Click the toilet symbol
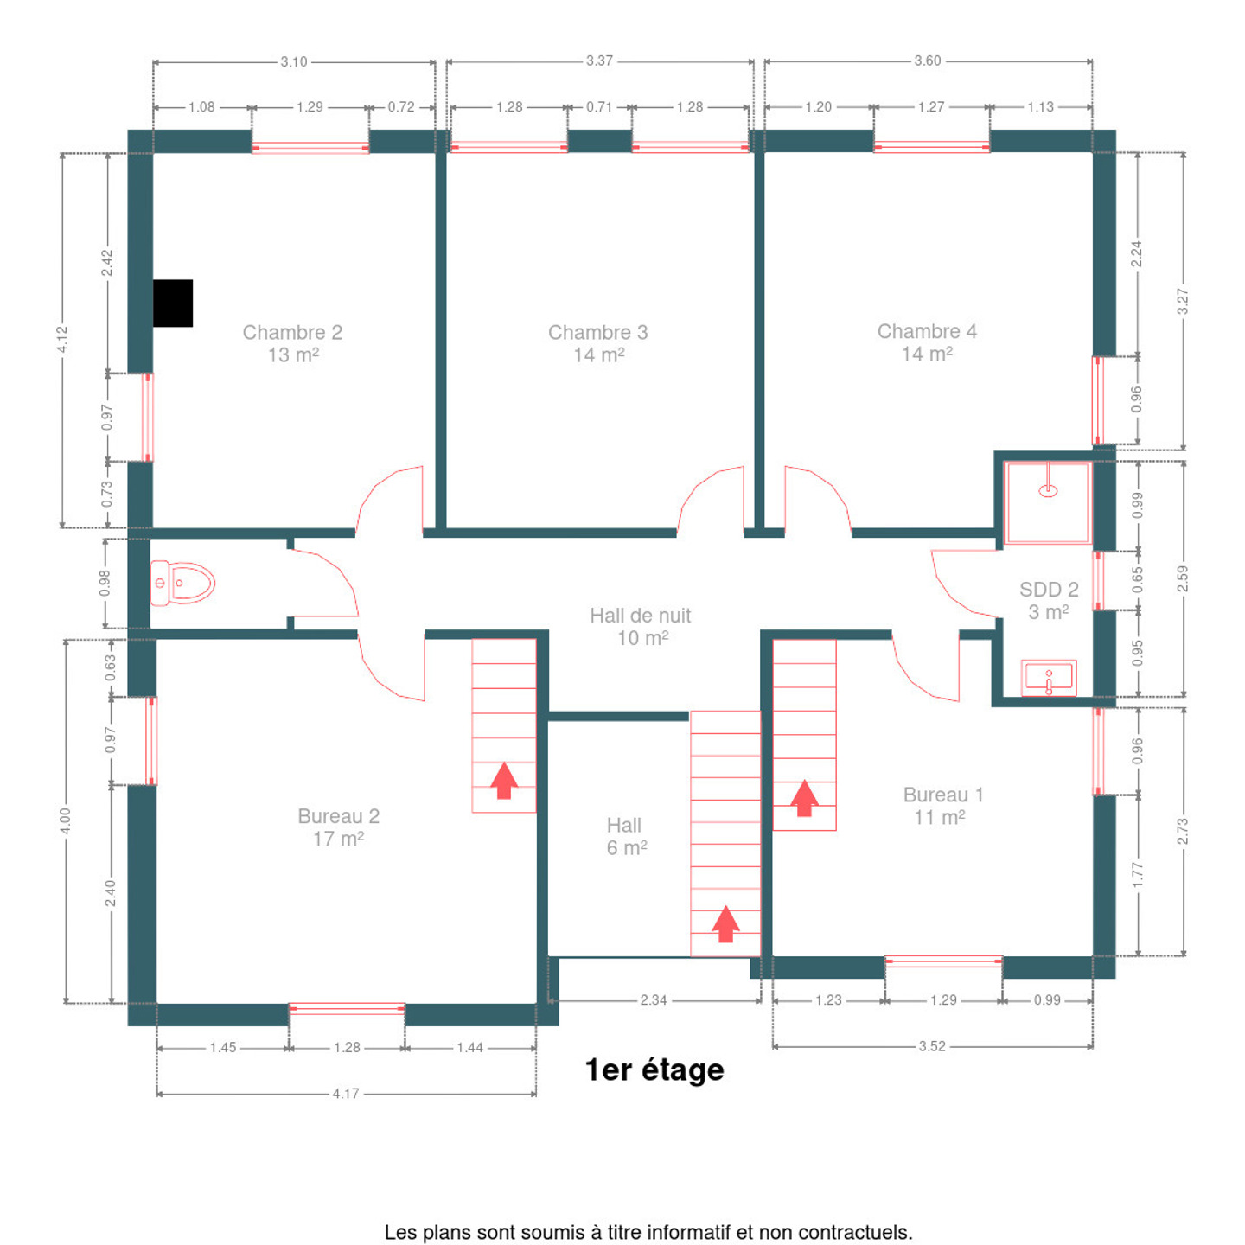click(182, 583)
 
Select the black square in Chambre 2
click(173, 303)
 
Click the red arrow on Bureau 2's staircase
click(504, 781)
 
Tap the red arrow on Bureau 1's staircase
click(804, 798)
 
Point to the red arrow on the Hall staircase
click(725, 923)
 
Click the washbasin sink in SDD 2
click(1048, 678)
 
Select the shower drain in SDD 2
click(1047, 491)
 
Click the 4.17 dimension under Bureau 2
click(346, 1093)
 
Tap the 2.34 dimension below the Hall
click(653, 999)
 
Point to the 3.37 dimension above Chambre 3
click(599, 61)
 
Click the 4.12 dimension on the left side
click(62, 340)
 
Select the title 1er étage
click(654, 1069)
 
